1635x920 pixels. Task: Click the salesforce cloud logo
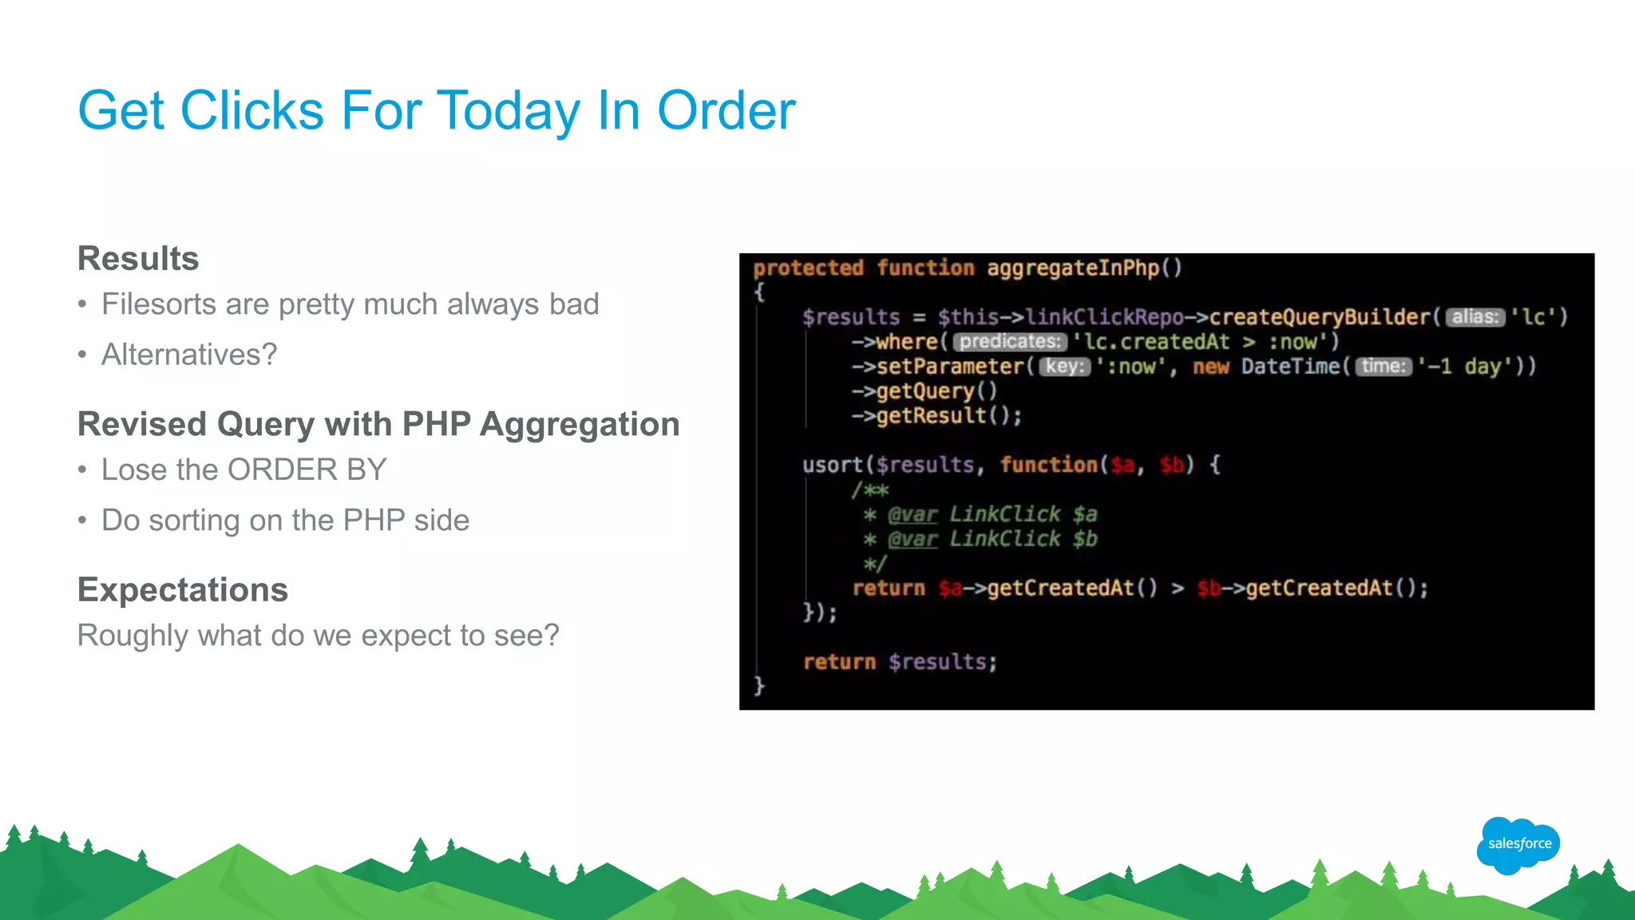(1518, 844)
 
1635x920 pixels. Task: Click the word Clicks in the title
(251, 110)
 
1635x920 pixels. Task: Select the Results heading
(138, 259)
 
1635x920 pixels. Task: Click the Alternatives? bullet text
(189, 355)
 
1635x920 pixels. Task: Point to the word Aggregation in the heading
(580, 424)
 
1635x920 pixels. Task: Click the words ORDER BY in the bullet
(307, 470)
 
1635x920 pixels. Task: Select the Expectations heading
(183, 590)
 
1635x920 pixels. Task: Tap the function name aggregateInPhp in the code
(1072, 268)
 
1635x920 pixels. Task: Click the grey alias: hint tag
(1475, 317)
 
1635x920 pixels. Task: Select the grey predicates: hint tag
(1009, 342)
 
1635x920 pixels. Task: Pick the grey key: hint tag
(1064, 367)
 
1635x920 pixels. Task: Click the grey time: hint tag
(1384, 367)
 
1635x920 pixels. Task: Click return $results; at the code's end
(900, 662)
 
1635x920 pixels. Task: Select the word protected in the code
(808, 268)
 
